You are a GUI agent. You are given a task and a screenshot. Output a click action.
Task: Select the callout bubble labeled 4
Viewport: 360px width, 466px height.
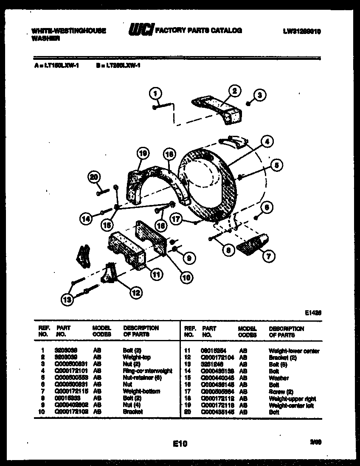coord(266,142)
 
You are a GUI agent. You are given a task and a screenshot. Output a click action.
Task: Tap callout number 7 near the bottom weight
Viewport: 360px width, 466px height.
coord(269,255)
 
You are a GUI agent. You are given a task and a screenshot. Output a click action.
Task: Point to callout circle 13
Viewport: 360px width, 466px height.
coord(66,300)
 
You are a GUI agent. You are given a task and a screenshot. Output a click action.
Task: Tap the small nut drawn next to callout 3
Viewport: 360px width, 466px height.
coord(249,103)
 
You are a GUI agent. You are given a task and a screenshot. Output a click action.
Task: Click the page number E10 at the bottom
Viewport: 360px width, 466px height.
coord(180,444)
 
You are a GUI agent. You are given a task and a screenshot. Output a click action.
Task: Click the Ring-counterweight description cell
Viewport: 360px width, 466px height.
coord(147,371)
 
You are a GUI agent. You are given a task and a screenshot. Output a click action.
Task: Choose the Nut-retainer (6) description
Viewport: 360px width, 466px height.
coord(145,378)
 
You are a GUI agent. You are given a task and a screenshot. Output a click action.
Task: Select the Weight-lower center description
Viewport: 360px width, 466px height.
coord(294,351)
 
